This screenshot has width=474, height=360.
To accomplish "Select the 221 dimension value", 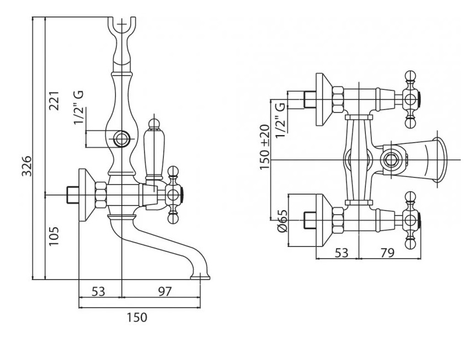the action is pyautogui.click(x=54, y=101).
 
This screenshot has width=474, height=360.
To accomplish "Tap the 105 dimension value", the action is pyautogui.click(x=54, y=236).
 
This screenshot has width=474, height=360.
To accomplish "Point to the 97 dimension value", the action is pyautogui.click(x=165, y=292).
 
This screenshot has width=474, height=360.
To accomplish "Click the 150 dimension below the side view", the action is pyautogui.click(x=137, y=318).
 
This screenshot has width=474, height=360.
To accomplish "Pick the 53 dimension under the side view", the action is pyautogui.click(x=98, y=292).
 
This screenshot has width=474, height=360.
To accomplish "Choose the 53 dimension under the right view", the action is pyautogui.click(x=342, y=253).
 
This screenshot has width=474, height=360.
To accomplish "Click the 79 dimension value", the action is pyautogui.click(x=387, y=253).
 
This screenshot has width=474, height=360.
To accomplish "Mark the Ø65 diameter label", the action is pyautogui.click(x=282, y=221).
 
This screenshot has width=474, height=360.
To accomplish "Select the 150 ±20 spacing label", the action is pyautogui.click(x=264, y=147).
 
